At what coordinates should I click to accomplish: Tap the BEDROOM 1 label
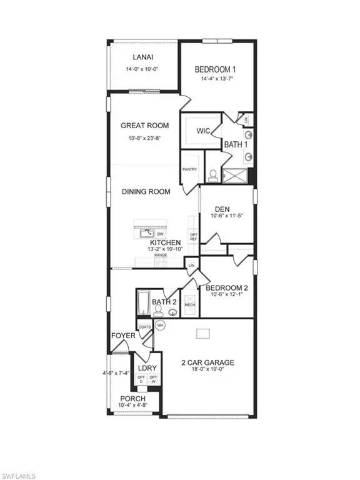point(215,69)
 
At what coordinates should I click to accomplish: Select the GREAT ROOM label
point(144,126)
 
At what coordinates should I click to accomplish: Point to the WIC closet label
point(202,131)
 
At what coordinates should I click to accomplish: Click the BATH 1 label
point(236,145)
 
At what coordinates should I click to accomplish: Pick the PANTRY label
point(189,169)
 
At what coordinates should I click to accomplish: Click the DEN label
point(223,209)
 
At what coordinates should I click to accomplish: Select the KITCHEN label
point(165,242)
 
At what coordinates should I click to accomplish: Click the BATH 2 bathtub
point(142,305)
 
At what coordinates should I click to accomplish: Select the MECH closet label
point(190,305)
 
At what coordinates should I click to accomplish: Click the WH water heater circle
point(160,325)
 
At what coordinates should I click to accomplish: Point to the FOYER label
point(124,336)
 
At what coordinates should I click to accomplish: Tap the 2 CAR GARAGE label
point(207,362)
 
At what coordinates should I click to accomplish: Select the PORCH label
point(133,399)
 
